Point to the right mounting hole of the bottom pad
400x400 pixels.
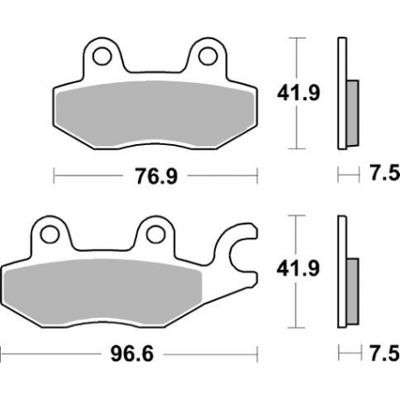[x=155, y=235]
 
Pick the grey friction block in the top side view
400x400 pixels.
[x=352, y=110]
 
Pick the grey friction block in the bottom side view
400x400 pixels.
[x=352, y=288]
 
